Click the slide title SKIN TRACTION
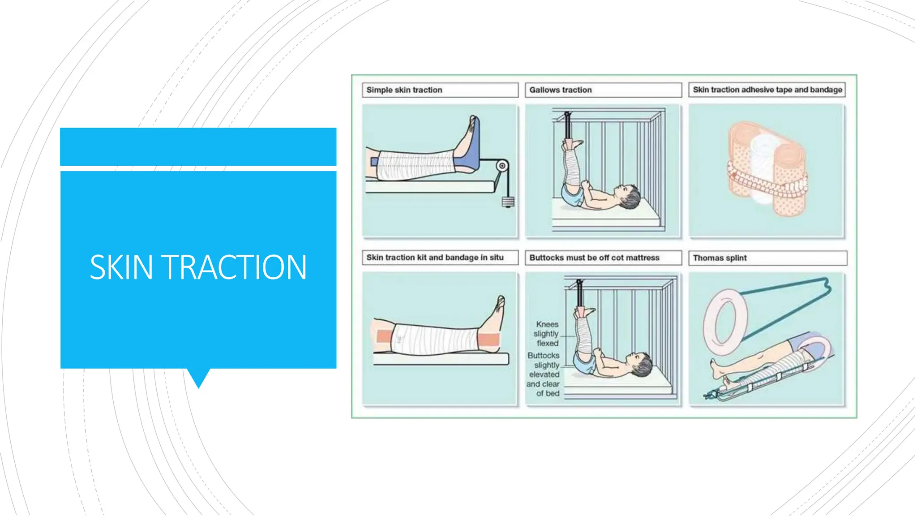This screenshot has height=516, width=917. coord(198,267)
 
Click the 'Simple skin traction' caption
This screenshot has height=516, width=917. coord(404,90)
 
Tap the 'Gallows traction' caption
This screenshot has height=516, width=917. coord(560,90)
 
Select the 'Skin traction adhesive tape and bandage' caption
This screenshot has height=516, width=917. coord(767,90)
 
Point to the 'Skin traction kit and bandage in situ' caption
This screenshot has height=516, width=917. coord(435,258)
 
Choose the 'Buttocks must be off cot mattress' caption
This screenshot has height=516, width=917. coord(594,258)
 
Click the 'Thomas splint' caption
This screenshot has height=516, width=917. coord(720,258)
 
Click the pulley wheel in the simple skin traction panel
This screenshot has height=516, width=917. coord(502,166)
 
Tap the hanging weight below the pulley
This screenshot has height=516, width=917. coord(508,202)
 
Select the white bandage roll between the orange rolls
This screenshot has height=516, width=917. coord(762,170)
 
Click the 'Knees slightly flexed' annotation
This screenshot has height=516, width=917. coord(547,334)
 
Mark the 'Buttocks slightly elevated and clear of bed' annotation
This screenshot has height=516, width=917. coord(543,374)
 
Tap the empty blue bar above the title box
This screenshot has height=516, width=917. coord(198,147)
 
